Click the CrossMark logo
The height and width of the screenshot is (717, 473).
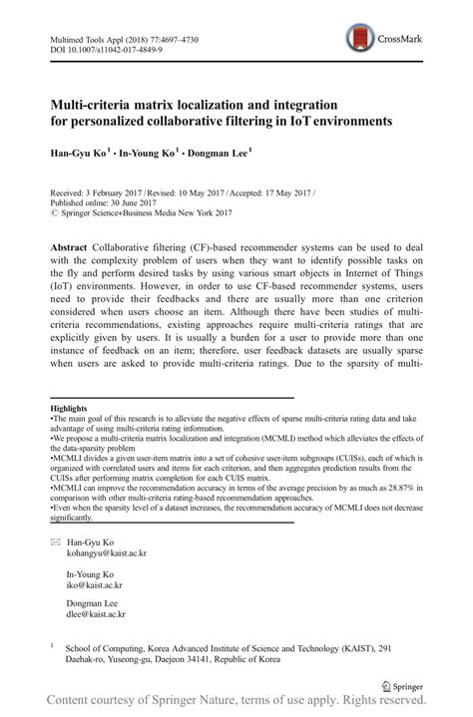click(x=384, y=39)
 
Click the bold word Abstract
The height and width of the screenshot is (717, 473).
click(x=69, y=246)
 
